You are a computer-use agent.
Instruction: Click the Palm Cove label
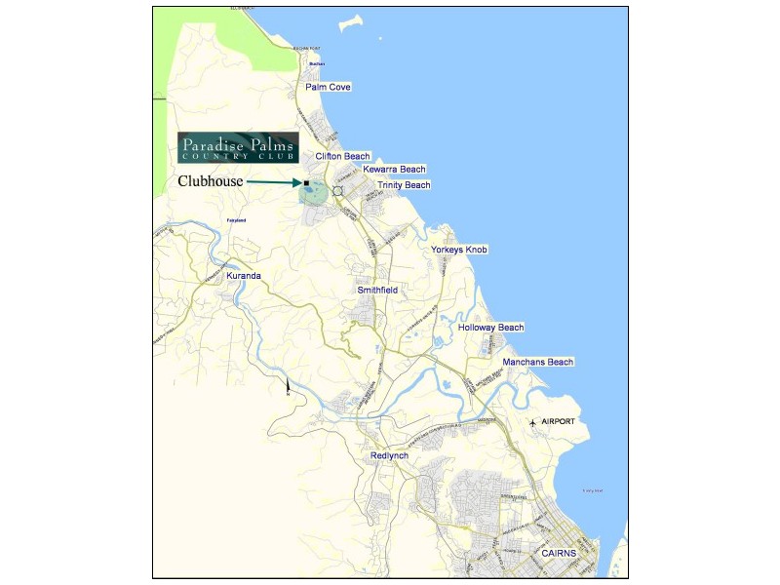[x=328, y=87]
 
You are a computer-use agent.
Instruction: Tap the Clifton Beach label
[x=342, y=156]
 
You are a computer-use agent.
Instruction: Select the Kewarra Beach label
[x=394, y=169]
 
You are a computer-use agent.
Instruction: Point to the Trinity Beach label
[x=404, y=184]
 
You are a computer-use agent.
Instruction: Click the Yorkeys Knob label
[x=459, y=250]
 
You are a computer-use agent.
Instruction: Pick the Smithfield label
[x=377, y=291]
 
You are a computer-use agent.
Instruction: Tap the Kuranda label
[x=244, y=276]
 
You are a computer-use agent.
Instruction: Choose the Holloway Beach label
[x=491, y=328]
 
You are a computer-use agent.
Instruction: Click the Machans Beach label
[x=538, y=362]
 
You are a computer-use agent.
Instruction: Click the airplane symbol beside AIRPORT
[x=532, y=422]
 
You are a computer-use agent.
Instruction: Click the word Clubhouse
[x=210, y=181]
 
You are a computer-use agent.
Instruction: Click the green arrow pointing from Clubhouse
[x=274, y=181]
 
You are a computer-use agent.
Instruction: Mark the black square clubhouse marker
[x=306, y=182]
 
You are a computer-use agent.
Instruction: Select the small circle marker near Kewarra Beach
[x=337, y=190]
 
